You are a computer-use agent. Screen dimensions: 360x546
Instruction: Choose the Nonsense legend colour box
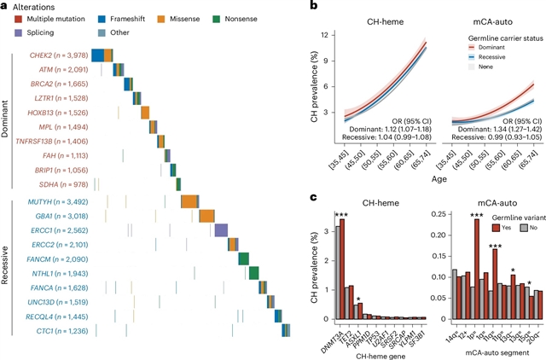pyautogui.click(x=219, y=17)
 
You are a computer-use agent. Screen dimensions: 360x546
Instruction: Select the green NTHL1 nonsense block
pyautogui.click(x=253, y=273)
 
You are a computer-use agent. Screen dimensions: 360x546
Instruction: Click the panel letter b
pyautogui.click(x=290, y=6)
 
